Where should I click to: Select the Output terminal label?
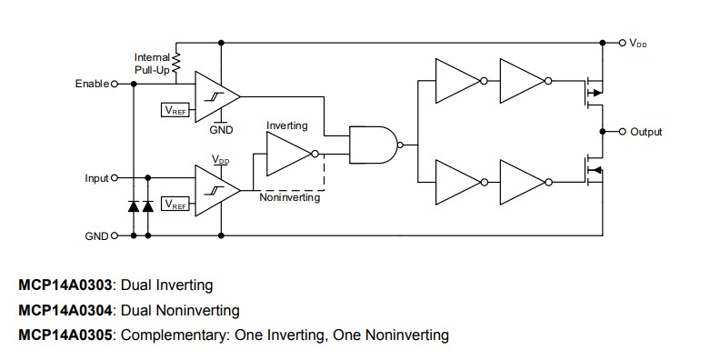click(x=646, y=132)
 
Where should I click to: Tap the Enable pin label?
click(x=90, y=84)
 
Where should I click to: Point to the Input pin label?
click(x=95, y=178)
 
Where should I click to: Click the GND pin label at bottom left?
click(x=95, y=235)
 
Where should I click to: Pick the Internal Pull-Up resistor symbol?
click(x=177, y=63)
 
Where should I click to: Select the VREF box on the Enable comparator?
click(x=175, y=110)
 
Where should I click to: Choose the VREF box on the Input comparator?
click(x=175, y=205)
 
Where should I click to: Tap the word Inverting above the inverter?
click(x=286, y=125)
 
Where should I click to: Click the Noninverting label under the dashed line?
click(x=289, y=197)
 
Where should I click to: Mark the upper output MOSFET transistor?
click(x=592, y=92)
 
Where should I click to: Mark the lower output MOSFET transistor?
click(x=592, y=170)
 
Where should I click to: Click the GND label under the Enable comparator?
click(x=221, y=130)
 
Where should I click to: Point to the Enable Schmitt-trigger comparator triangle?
click(x=215, y=95)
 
